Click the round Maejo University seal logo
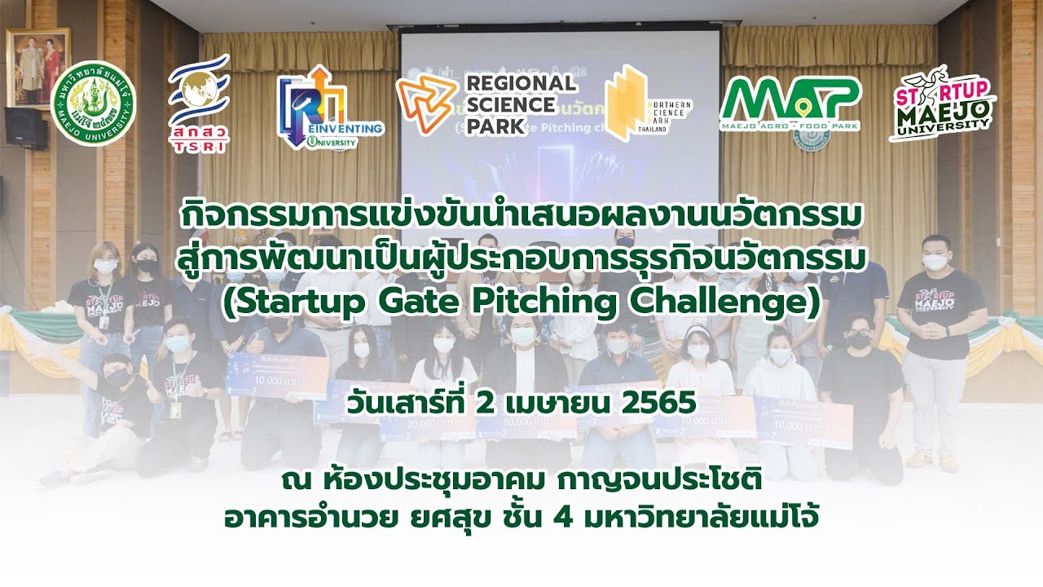click(93, 103)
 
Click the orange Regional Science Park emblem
click(425, 104)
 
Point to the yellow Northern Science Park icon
click(626, 103)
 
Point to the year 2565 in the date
click(644, 403)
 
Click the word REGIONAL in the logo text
click(520, 82)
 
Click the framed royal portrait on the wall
click(38, 67)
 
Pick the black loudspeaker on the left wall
click(25, 128)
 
